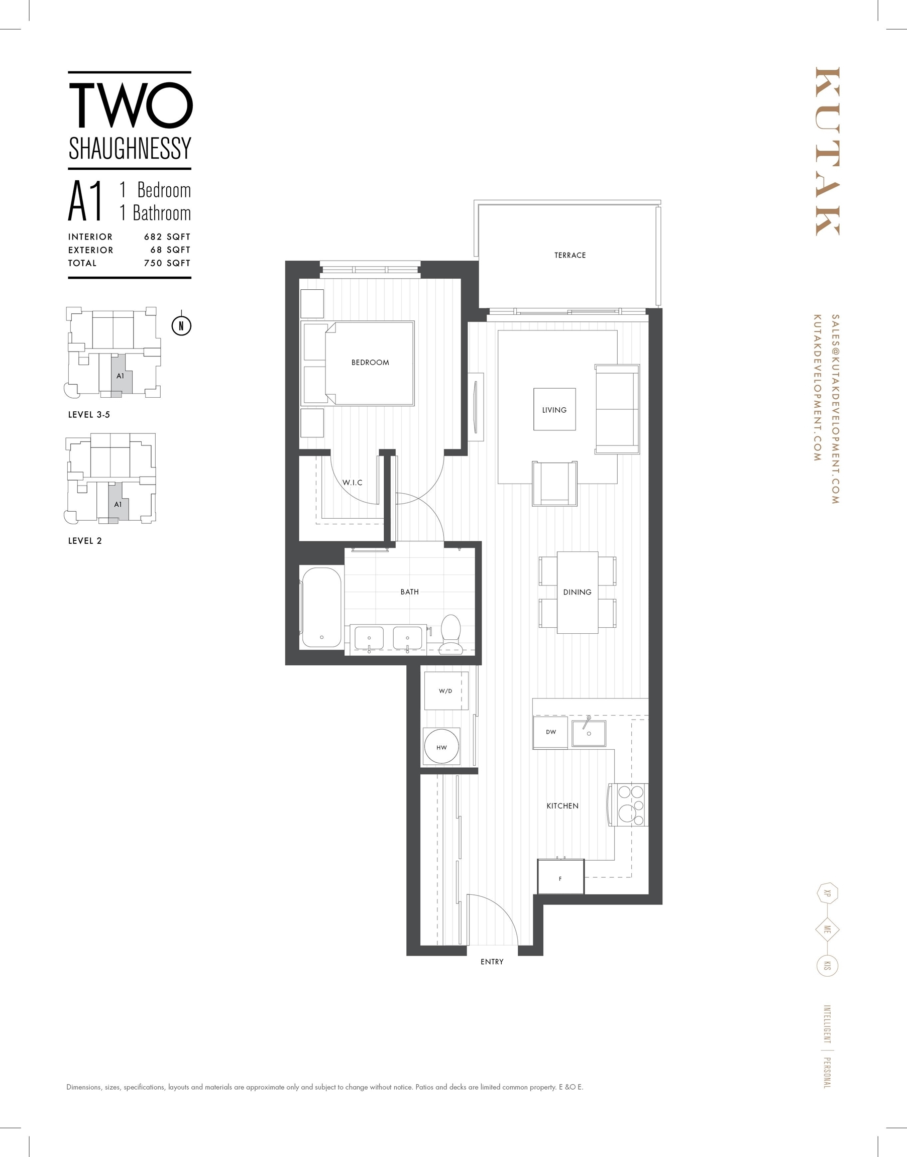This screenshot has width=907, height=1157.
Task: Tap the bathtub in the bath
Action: pos(321,608)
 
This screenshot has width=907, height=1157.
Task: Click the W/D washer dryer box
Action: pos(446,690)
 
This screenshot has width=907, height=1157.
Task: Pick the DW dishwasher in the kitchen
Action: pos(550,732)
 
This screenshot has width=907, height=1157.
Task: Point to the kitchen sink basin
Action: pos(589,733)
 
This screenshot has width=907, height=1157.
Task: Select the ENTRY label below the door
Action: pos(492,962)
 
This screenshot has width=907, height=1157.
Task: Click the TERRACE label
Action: pos(571,256)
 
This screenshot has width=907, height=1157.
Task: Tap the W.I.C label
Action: pos(353,483)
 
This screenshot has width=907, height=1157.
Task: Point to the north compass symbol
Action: pos(182,325)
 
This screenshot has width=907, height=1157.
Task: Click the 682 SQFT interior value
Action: pos(167,237)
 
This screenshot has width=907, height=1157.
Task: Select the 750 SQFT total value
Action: pos(167,263)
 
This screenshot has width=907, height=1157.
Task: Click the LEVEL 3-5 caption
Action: pos(89,415)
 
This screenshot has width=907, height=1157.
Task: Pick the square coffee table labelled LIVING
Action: pos(554,409)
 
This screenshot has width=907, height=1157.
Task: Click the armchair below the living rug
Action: pos(555,484)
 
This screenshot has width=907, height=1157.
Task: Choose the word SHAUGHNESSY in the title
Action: pos(130,149)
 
